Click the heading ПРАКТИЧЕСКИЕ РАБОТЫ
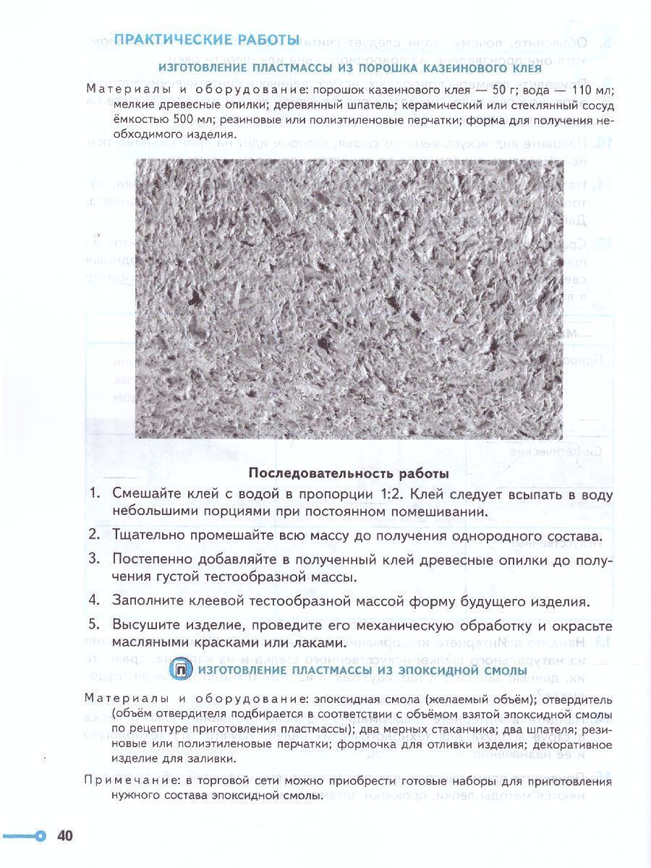tap(207, 39)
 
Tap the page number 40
tap(65, 836)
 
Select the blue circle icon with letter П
tap(181, 671)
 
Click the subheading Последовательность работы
tap(348, 474)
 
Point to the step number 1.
tap(94, 495)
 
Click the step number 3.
tap(94, 559)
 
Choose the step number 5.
tap(94, 625)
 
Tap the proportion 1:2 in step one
tap(413, 495)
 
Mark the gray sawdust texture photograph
tap(349, 298)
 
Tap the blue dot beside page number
tap(41, 836)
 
